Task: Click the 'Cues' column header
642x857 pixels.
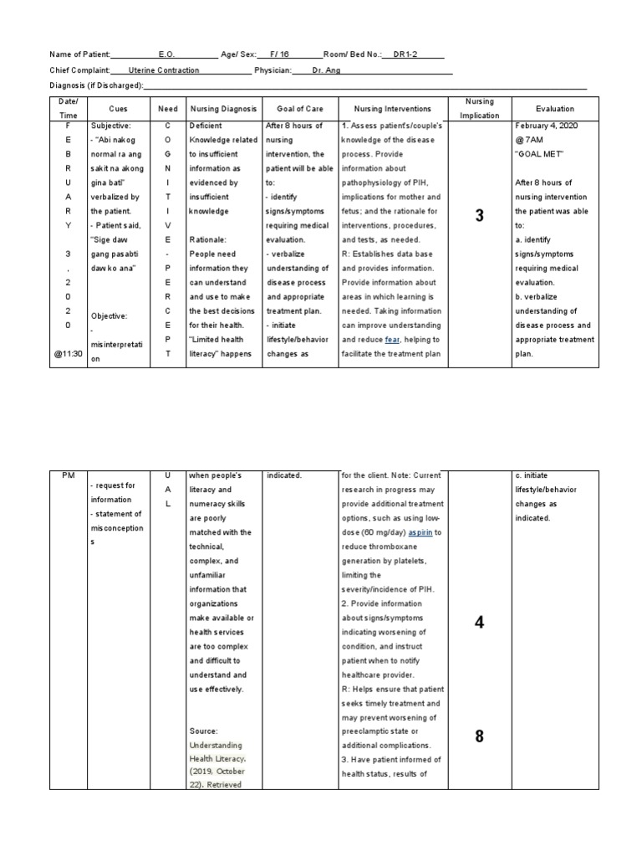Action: tap(118, 109)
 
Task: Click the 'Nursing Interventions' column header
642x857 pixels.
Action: tap(392, 109)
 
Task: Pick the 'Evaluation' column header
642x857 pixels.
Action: tap(555, 109)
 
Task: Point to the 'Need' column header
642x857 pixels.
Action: tap(168, 109)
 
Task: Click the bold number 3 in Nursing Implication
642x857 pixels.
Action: tap(479, 216)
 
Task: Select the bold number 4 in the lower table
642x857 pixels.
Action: tap(479, 622)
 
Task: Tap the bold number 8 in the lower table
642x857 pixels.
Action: tap(479, 736)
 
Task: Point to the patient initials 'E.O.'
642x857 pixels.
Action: tap(166, 54)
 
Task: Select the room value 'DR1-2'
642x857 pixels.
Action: tap(407, 54)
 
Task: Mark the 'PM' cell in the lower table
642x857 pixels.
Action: tap(69, 475)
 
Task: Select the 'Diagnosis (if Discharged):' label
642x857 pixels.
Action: tap(98, 86)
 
